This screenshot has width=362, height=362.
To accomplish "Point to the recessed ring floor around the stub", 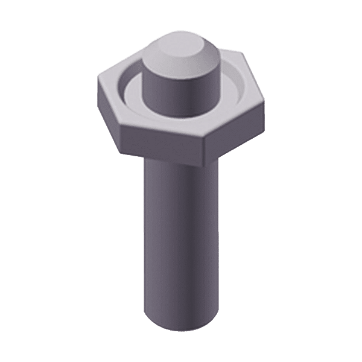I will [x=130, y=97].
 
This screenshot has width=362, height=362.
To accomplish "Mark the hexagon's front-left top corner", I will [x=120, y=124].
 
